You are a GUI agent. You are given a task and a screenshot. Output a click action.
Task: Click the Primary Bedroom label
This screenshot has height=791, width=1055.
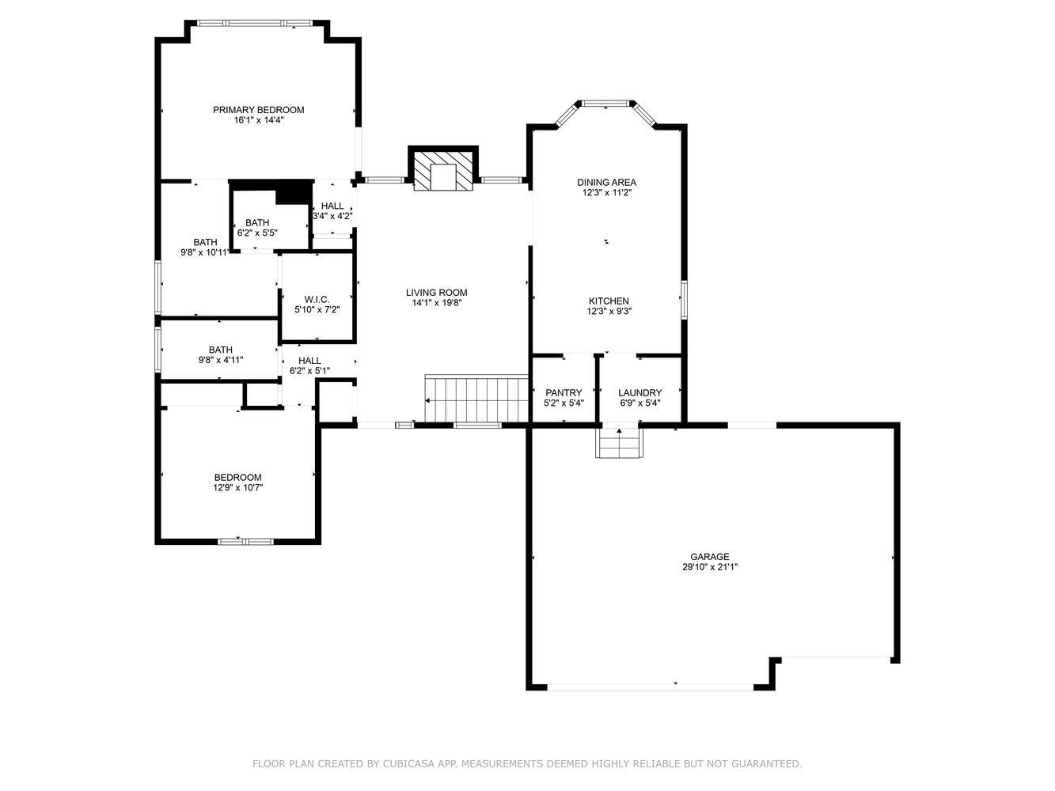(259, 110)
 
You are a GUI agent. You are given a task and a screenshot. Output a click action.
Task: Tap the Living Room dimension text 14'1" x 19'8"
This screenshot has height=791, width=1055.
(436, 303)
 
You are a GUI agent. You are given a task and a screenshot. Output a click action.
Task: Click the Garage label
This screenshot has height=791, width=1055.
(710, 557)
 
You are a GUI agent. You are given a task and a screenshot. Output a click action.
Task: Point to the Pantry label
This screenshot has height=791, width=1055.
(564, 393)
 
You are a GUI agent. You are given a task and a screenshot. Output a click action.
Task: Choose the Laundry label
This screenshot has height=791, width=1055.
(639, 393)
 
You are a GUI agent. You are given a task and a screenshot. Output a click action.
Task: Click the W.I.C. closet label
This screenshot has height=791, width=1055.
(317, 300)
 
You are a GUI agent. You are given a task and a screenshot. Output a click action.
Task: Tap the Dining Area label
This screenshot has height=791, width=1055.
(606, 183)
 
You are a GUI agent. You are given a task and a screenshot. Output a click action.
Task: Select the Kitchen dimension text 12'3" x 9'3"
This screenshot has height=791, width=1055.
(609, 311)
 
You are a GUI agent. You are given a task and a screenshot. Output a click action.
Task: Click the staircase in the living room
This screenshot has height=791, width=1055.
(476, 399)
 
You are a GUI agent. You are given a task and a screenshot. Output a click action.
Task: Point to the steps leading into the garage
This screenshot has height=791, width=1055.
(619, 443)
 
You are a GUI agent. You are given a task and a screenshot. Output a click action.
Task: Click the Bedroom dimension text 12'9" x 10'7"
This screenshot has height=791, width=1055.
(238, 487)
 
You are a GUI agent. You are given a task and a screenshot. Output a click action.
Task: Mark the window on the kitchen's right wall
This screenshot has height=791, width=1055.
(685, 300)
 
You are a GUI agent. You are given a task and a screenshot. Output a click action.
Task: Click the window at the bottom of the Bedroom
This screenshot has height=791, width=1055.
(245, 541)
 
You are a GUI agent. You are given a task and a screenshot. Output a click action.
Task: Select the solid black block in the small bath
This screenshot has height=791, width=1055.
(294, 192)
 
